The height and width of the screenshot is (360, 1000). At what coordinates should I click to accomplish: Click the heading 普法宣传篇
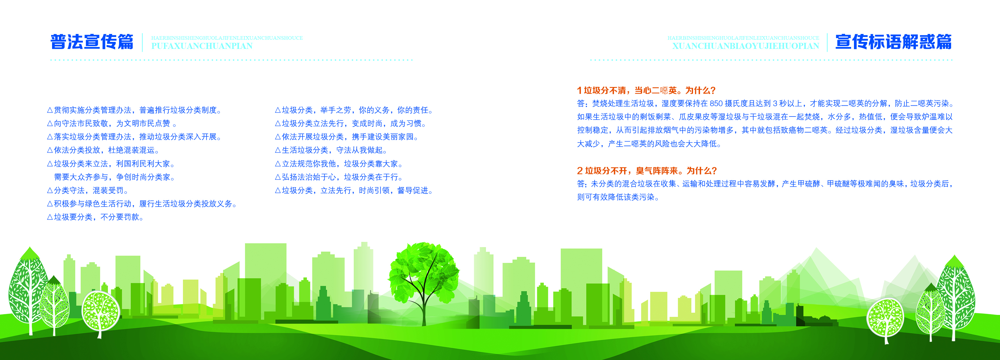tap(92, 42)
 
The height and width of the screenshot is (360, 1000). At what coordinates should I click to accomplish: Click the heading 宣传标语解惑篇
tap(893, 42)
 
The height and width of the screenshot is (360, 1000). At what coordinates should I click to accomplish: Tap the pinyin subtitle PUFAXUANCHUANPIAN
tap(202, 46)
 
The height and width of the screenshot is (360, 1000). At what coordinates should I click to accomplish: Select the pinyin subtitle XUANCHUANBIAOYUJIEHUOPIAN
tap(746, 46)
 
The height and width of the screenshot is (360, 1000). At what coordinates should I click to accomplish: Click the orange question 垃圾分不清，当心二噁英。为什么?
tap(646, 90)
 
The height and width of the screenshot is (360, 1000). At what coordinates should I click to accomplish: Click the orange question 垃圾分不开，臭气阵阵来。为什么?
tap(647, 171)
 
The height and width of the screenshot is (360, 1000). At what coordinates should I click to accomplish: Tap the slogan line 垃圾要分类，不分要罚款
tap(96, 217)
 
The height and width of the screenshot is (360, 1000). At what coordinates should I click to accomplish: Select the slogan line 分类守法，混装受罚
tap(89, 190)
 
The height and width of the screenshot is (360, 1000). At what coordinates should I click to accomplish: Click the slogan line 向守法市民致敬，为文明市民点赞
tap(112, 123)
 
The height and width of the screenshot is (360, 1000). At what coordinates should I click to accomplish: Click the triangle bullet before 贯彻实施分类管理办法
tap(50, 110)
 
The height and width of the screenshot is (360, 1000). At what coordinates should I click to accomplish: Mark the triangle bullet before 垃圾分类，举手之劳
tap(277, 110)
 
